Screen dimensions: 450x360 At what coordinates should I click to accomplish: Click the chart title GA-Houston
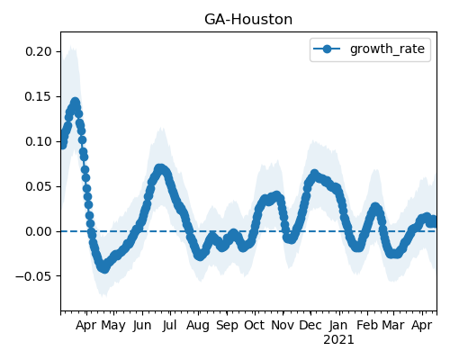[248, 20]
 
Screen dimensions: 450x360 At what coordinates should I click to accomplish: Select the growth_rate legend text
[387, 49]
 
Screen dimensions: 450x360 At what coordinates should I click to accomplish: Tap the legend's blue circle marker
[327, 49]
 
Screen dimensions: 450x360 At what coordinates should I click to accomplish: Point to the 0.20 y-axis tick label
[39, 51]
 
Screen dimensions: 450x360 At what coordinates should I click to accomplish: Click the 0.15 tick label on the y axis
[39, 96]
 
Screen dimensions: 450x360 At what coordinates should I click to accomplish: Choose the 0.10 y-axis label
[39, 141]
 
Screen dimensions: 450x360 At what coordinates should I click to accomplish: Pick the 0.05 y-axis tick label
[39, 186]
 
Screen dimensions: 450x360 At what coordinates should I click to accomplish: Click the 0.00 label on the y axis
[39, 231]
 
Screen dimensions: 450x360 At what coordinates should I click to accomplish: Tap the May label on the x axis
[113, 326]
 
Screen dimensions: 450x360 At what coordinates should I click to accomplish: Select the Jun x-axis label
[142, 326]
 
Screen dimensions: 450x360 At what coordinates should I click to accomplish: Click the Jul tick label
[169, 326]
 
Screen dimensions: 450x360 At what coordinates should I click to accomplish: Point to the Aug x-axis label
[198, 326]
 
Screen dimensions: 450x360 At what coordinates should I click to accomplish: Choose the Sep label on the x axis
[227, 326]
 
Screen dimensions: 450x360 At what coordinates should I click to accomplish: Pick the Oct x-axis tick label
[255, 326]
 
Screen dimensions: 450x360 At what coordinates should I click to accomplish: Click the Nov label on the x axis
[283, 326]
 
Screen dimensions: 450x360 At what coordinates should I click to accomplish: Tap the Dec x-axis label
[310, 326]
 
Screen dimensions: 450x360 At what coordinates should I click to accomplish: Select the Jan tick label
[338, 326]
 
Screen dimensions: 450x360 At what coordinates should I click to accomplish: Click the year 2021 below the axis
[338, 340]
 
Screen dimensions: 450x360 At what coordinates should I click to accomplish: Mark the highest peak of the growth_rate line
[75, 102]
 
